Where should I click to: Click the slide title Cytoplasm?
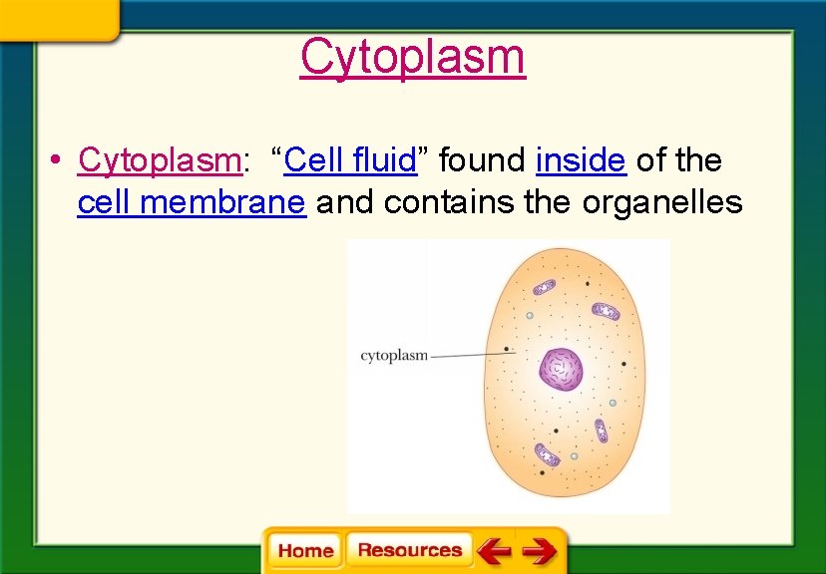click(x=412, y=57)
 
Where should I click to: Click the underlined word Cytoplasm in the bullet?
click(x=160, y=159)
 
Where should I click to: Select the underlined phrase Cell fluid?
click(x=349, y=159)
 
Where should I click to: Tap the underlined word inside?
click(x=581, y=159)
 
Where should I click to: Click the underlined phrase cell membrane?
click(x=191, y=203)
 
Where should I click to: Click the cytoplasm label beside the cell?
click(x=393, y=355)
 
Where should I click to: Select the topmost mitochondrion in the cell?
click(x=544, y=287)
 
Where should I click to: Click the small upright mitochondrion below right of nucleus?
click(x=601, y=430)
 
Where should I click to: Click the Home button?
click(x=305, y=551)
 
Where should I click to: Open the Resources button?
click(x=409, y=550)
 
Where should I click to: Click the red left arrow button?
click(x=493, y=550)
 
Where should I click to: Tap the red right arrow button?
click(x=539, y=550)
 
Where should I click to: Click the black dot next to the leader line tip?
click(x=508, y=350)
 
